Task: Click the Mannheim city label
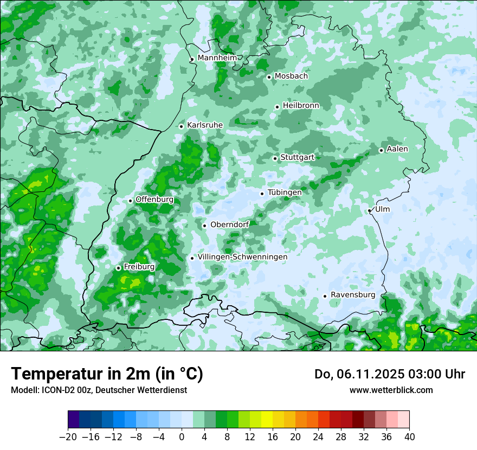point(216,57)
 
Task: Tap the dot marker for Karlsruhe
point(182,126)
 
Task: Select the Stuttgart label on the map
point(297,157)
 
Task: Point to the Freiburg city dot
point(118,268)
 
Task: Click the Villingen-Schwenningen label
point(242,257)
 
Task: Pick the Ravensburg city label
point(352,295)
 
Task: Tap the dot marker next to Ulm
point(370,210)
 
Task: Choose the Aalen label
point(397,149)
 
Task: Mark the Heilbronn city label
point(301,105)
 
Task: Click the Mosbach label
point(291,76)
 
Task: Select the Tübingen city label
point(285,192)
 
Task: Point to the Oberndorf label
point(230,224)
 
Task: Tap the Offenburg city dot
point(131,201)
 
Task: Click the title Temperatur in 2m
point(107,374)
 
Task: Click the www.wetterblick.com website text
point(391,390)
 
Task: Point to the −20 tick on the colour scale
point(68,437)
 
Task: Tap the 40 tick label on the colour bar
point(409,437)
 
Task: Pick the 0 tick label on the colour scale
point(182,437)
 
